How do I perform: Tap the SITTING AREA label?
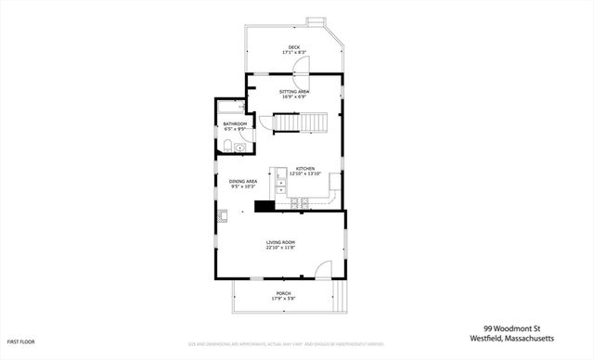pyautogui.click(x=294, y=91)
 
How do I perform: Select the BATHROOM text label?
pyautogui.click(x=235, y=123)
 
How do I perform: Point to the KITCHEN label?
pyautogui.click(x=305, y=168)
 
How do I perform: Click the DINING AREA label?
pyautogui.click(x=243, y=182)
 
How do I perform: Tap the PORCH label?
pyautogui.click(x=283, y=293)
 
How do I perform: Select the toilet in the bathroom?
pyautogui.click(x=227, y=145)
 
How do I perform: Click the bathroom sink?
pyautogui.click(x=240, y=146)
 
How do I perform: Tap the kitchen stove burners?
pyautogui.click(x=299, y=202)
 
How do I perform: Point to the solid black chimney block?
pyautogui.click(x=263, y=207)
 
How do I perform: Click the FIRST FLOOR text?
pyautogui.click(x=19, y=341)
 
